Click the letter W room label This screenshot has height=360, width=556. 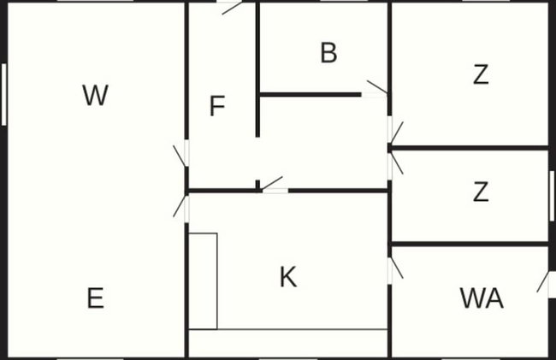click(x=96, y=95)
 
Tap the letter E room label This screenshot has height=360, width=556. click(x=96, y=298)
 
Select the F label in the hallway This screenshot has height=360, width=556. click(x=217, y=105)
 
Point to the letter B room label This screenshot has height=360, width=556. click(x=328, y=53)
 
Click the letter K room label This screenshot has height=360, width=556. click(x=288, y=277)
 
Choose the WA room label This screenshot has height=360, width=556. click(x=482, y=298)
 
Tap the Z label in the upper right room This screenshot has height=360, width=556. click(x=481, y=74)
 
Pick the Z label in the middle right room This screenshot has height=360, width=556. click(x=481, y=192)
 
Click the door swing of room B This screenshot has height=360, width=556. click(x=377, y=87)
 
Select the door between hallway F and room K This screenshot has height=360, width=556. click(x=272, y=183)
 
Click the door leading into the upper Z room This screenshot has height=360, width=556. click(x=397, y=133)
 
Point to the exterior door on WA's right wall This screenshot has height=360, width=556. click(x=542, y=282)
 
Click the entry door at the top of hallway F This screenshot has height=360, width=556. click(x=232, y=8)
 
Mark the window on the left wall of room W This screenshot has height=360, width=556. click(x=4, y=94)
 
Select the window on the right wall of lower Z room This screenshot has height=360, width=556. click(x=552, y=196)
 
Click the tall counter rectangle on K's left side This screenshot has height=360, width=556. click(x=203, y=281)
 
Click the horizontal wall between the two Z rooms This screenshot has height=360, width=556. click(x=470, y=148)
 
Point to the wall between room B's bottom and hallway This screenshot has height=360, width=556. click(x=311, y=95)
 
